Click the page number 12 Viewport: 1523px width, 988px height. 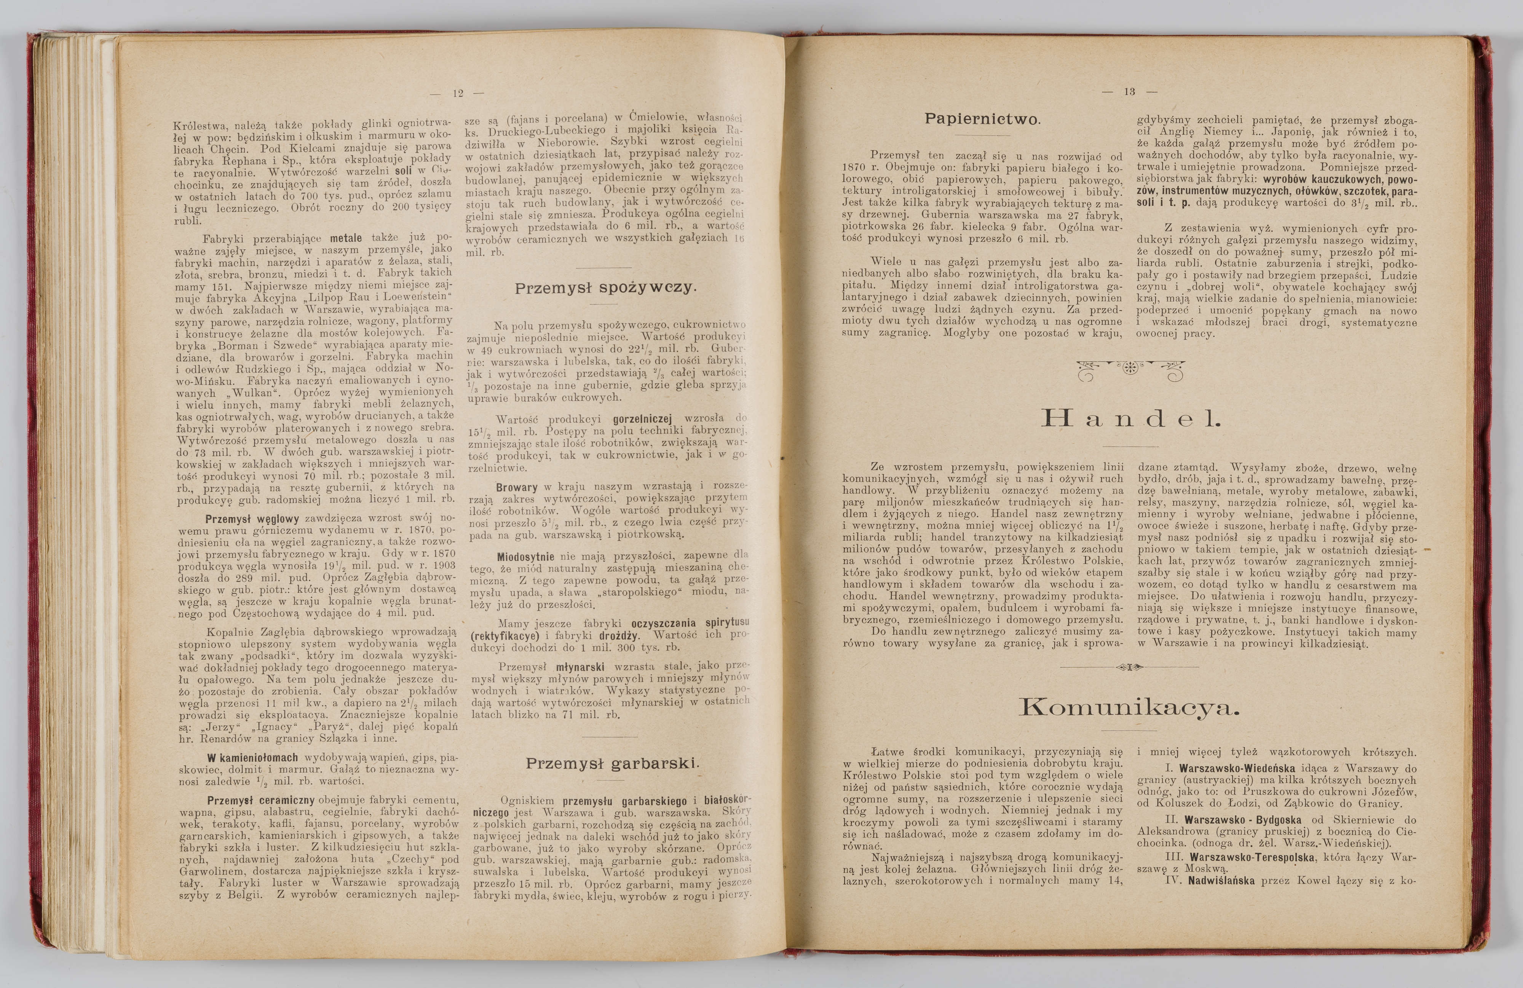tap(458, 93)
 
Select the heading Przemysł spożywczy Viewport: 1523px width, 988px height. tap(605, 288)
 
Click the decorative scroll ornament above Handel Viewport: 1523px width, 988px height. tap(1130, 369)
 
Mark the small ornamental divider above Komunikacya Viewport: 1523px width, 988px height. tap(1129, 667)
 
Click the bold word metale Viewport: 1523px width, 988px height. tap(346, 238)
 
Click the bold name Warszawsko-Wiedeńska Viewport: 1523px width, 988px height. tap(1237, 769)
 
